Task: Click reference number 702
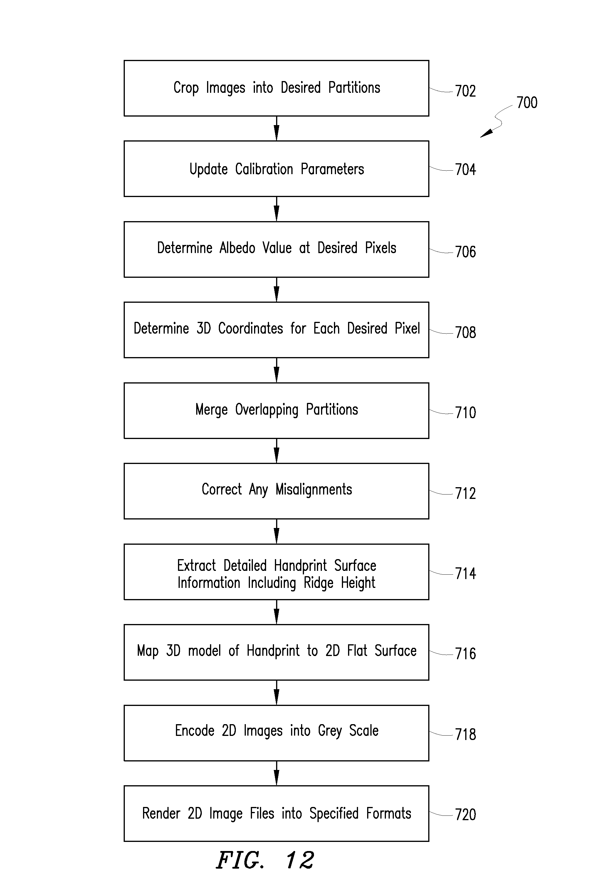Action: [x=465, y=91]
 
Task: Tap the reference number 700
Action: [x=527, y=102]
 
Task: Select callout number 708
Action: [x=465, y=333]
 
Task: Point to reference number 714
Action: [x=465, y=574]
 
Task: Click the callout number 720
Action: [x=465, y=814]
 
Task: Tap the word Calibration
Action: [x=264, y=169]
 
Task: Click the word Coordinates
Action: [x=250, y=329]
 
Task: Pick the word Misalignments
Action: [x=313, y=490]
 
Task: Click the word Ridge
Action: [x=318, y=583]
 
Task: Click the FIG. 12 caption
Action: [x=265, y=860]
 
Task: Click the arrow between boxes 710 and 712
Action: [x=276, y=451]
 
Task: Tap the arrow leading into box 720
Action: [x=276, y=773]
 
